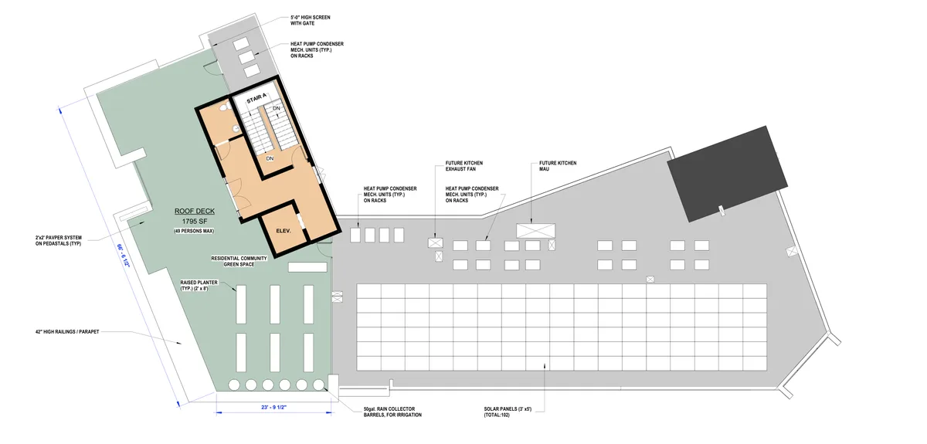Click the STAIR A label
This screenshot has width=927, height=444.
click(x=256, y=99)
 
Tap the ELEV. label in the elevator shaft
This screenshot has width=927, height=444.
click(x=284, y=231)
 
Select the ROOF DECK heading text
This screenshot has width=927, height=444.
click(x=195, y=211)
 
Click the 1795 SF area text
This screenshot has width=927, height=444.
click(x=194, y=222)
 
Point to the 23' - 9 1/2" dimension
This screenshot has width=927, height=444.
click(x=274, y=407)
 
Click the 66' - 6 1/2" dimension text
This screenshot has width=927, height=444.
click(x=123, y=256)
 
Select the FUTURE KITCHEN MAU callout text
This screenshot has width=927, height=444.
click(x=558, y=166)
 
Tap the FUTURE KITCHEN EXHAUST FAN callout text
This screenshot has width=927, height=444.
click(x=464, y=166)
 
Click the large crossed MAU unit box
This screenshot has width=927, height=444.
click(x=535, y=231)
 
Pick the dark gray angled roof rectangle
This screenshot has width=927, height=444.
click(x=727, y=174)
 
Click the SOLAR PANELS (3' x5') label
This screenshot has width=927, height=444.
click(x=508, y=412)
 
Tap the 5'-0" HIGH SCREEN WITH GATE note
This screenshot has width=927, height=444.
click(x=310, y=20)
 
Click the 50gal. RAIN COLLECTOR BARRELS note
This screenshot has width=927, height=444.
click(x=392, y=412)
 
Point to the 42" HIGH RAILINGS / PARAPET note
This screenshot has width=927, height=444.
click(x=67, y=331)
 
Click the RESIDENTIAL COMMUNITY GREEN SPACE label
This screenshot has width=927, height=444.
click(x=239, y=261)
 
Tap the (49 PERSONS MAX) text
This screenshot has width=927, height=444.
click(x=194, y=231)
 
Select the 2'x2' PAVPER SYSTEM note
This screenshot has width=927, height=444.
click(x=59, y=240)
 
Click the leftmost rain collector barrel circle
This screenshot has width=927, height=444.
click(x=234, y=385)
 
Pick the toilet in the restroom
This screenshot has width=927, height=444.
click(x=225, y=107)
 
